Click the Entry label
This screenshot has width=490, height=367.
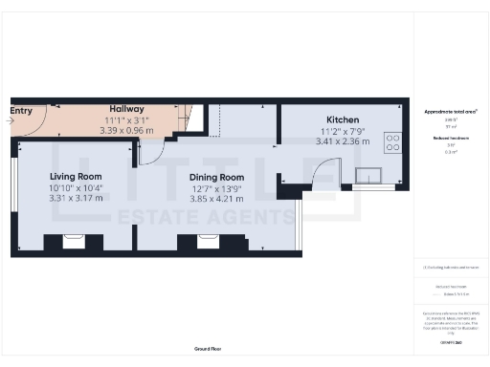click(21, 111)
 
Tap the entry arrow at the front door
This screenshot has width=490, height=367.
click(11, 122)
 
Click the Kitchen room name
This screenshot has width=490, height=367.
click(341, 120)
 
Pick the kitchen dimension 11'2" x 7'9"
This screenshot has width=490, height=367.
click(341, 131)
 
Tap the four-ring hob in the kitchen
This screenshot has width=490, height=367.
click(391, 141)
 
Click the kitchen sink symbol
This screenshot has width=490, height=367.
click(367, 175)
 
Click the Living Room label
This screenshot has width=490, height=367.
click(76, 177)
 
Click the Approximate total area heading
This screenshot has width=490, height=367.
click(451, 111)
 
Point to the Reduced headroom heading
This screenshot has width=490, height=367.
click(451, 139)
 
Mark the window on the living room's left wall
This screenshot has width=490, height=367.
click(14, 196)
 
